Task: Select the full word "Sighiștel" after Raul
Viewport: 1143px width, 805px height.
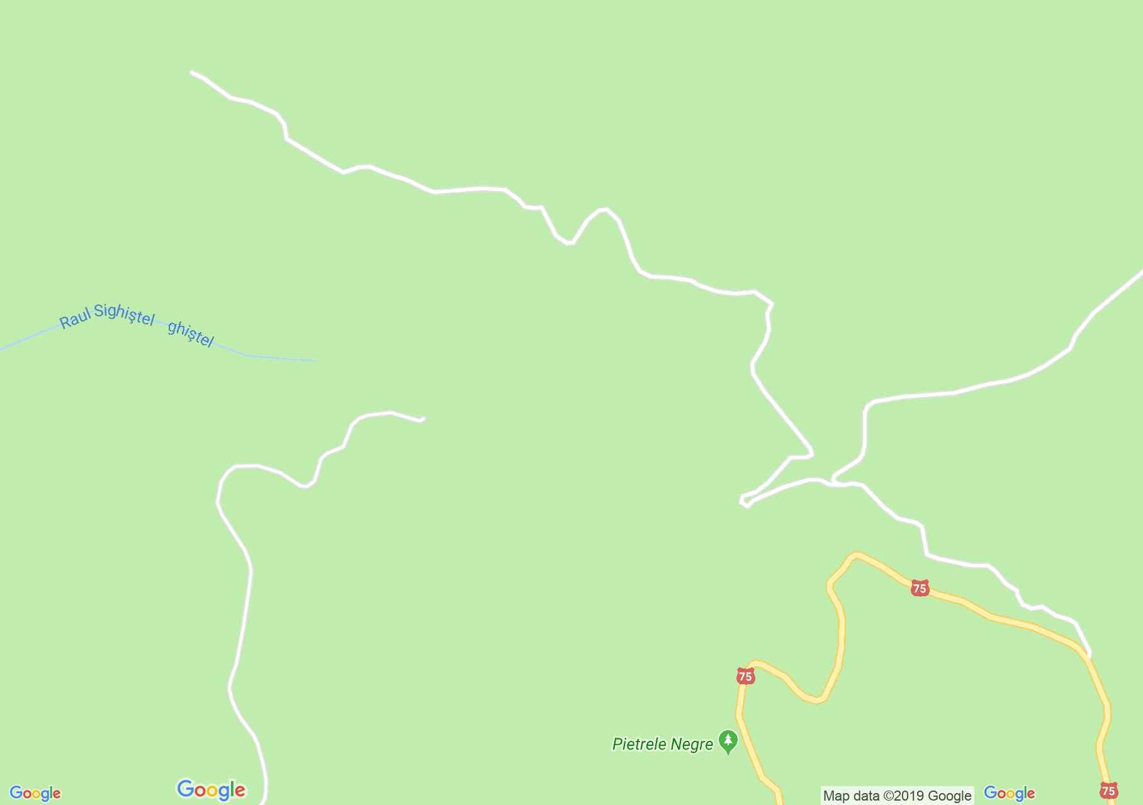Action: [x=123, y=314]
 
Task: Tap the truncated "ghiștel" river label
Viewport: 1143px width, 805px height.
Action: [x=190, y=333]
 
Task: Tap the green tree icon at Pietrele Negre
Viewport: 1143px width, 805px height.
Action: [x=728, y=741]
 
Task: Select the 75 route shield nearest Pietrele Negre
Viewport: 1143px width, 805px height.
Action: [x=745, y=677]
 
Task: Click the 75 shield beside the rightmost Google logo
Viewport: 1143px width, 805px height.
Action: [x=1108, y=791]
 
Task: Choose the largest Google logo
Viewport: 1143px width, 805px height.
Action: [x=211, y=790]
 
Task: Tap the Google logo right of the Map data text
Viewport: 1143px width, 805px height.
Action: [x=1009, y=793]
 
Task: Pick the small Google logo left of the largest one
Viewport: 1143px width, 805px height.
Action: [x=35, y=794]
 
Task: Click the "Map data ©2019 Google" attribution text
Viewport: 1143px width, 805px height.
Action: [x=897, y=796]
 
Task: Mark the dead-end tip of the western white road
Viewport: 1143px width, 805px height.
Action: [x=423, y=418]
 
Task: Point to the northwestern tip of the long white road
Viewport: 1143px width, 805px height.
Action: [x=191, y=72]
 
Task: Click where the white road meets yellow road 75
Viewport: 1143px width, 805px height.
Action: [x=1089, y=655]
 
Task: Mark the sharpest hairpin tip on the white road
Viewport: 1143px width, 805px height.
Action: [x=743, y=501]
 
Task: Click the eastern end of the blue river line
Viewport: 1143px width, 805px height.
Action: [x=316, y=360]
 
